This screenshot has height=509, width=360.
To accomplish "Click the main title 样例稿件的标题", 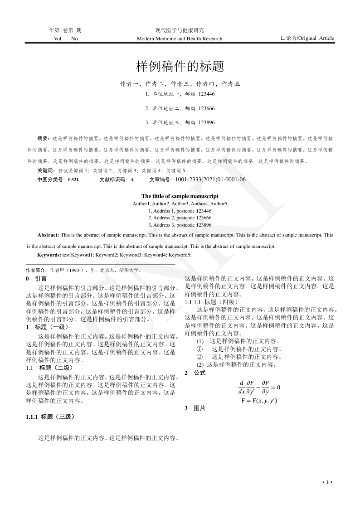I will (x=180, y=67).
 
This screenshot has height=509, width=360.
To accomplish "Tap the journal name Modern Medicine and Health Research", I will (x=180, y=39).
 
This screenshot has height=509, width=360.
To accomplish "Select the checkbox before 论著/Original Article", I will (x=283, y=39).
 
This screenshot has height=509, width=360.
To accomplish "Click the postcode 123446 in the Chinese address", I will (x=207, y=94).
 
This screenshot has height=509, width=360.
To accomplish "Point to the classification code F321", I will (x=73, y=180).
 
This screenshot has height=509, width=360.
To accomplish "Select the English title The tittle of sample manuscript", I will (x=180, y=196).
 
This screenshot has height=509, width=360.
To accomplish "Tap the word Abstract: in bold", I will (x=48, y=235).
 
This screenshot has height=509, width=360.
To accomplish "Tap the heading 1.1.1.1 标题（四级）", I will (x=209, y=302).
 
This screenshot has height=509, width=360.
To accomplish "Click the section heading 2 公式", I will (x=195, y=373).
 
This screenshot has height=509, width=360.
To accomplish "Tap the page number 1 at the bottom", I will (x=327, y=482).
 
